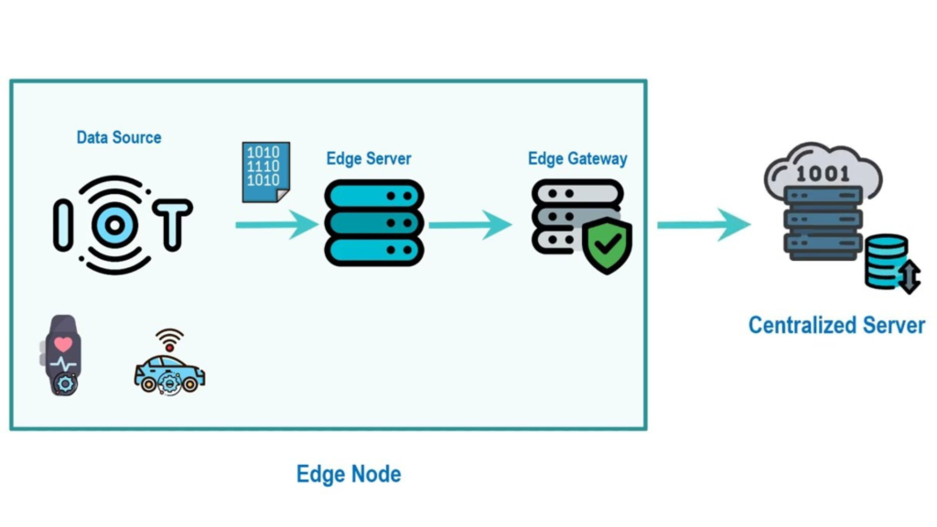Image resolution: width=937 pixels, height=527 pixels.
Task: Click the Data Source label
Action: (x=119, y=138)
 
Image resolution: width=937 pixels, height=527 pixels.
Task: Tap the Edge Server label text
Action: (x=369, y=159)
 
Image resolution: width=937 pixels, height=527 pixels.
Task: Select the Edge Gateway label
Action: (x=577, y=159)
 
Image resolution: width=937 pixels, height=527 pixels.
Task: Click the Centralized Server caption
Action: (x=836, y=325)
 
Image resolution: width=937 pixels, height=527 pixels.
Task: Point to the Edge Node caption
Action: (x=349, y=474)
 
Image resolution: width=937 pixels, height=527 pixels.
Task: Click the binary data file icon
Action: (x=265, y=171)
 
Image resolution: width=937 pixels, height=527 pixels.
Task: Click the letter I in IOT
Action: (x=62, y=225)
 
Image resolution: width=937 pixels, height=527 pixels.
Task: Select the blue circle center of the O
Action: (x=117, y=225)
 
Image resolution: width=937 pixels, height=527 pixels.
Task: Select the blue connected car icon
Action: (x=169, y=373)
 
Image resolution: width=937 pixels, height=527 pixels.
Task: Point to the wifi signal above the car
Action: (x=169, y=339)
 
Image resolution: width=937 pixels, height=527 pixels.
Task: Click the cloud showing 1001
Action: (x=823, y=169)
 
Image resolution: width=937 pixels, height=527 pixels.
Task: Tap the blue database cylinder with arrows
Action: (x=889, y=262)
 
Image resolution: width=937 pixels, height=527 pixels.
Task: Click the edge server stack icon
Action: (x=373, y=223)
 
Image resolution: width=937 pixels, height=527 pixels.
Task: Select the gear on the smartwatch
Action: (x=66, y=385)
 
